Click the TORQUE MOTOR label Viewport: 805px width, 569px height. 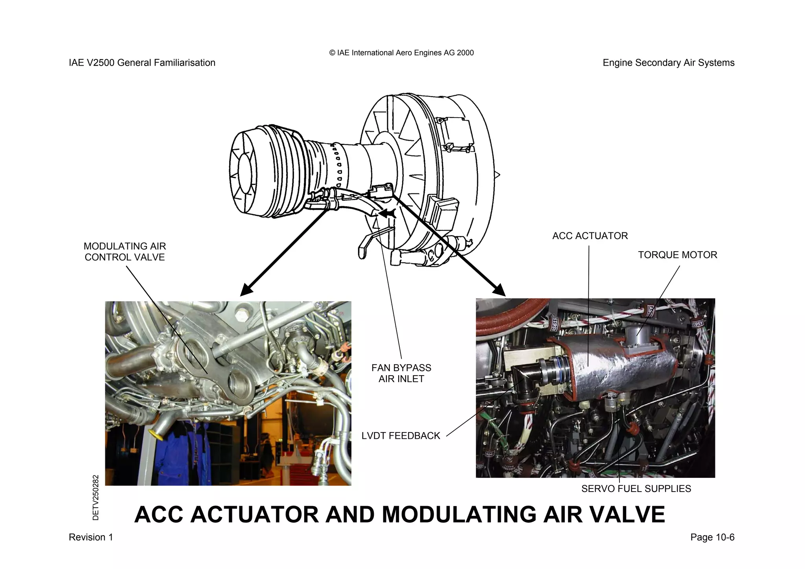pyautogui.click(x=677, y=255)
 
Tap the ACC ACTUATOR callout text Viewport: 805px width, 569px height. pyautogui.click(x=590, y=236)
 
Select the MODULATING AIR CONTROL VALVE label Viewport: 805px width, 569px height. pyautogui.click(x=125, y=252)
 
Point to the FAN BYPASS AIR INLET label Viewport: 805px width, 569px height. pyautogui.click(x=401, y=373)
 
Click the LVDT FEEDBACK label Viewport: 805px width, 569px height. pyautogui.click(x=401, y=436)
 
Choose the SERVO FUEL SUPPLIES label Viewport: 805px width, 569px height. pyautogui.click(x=636, y=489)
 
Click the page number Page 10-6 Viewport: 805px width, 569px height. pyautogui.click(x=712, y=537)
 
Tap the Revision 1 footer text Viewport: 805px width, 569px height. pyautogui.click(x=91, y=537)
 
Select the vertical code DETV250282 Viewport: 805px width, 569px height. pyautogui.click(x=96, y=497)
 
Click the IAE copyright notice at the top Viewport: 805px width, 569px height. pyautogui.click(x=401, y=53)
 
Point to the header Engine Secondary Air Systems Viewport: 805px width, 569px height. pyautogui.click(x=668, y=63)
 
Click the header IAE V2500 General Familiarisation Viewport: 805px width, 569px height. pyautogui.click(x=142, y=63)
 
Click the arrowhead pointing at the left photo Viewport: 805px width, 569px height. pyautogui.click(x=246, y=291)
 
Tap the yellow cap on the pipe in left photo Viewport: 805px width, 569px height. pyautogui.click(x=159, y=436)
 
